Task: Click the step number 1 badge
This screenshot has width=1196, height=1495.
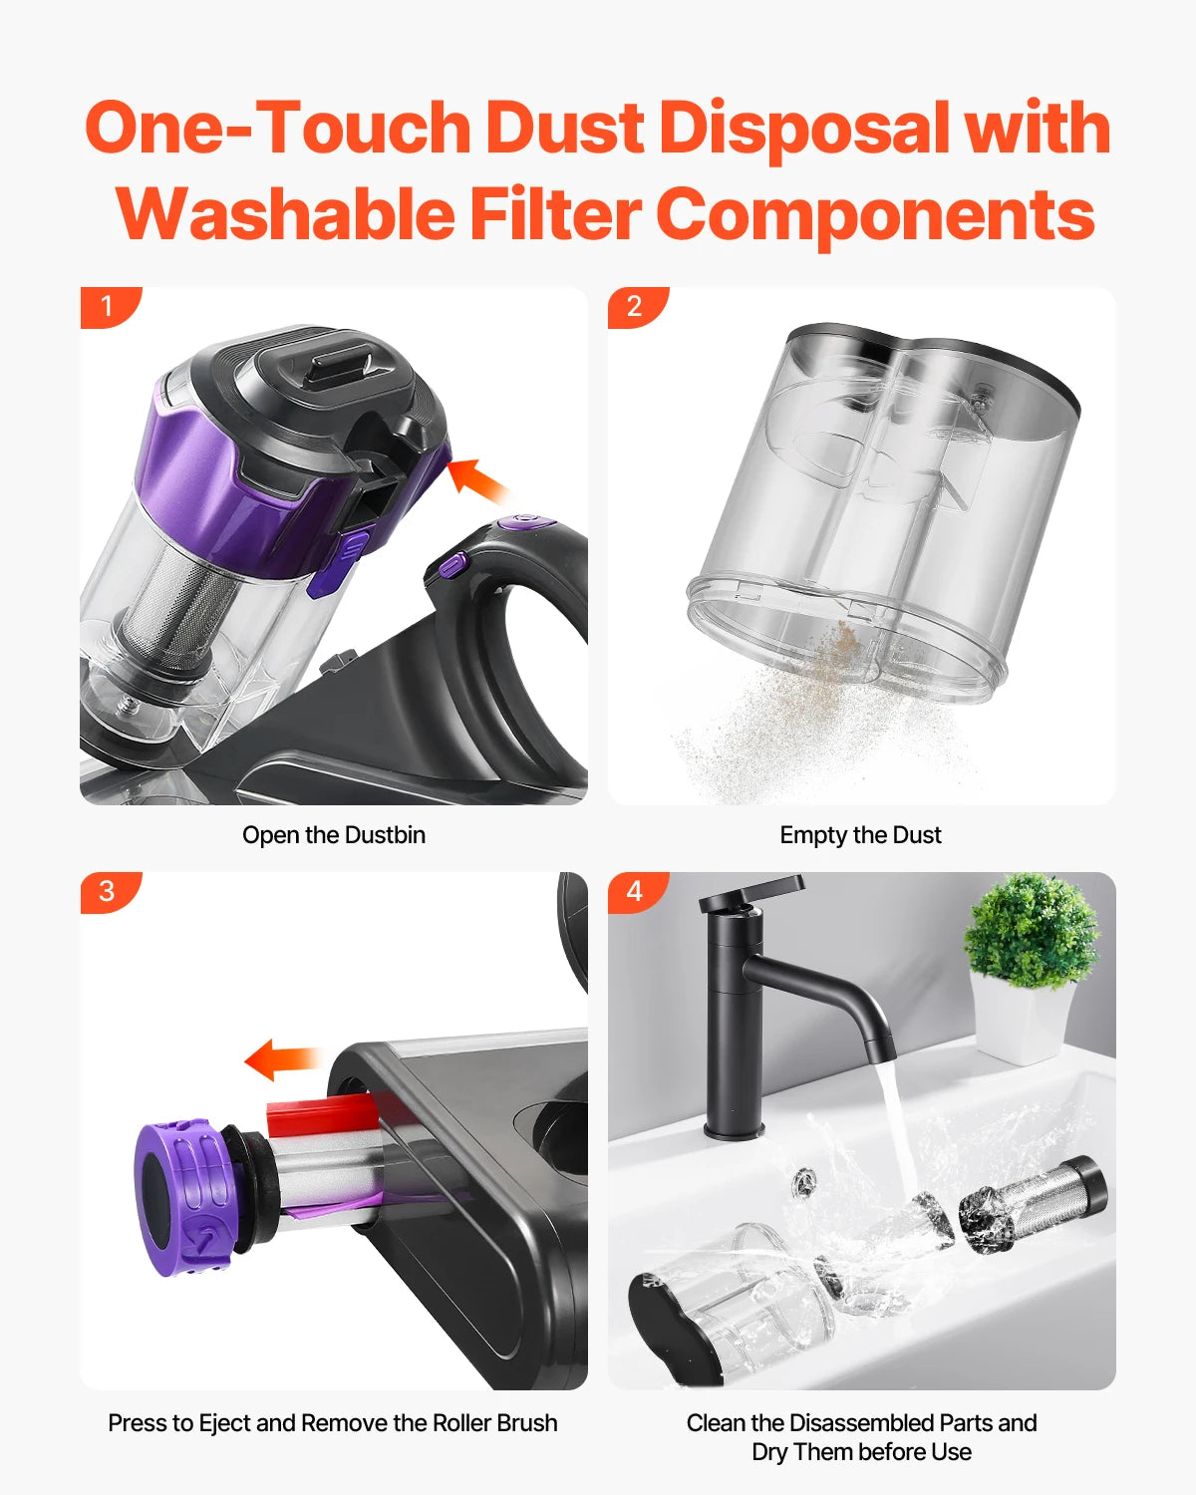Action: click(x=108, y=306)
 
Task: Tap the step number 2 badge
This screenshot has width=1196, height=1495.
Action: click(x=635, y=306)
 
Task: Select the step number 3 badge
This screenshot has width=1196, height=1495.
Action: click(x=108, y=891)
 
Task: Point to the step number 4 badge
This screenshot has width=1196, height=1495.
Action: click(x=635, y=891)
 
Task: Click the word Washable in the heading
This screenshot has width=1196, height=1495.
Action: click(x=285, y=214)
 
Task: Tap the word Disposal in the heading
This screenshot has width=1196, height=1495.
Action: click(x=802, y=130)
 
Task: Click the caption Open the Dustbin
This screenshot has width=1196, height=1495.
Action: click(x=333, y=835)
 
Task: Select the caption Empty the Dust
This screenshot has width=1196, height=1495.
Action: click(x=860, y=835)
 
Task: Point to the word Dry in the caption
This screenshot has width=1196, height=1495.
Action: click(x=770, y=1452)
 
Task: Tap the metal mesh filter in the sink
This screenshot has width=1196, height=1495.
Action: click(x=1037, y=1204)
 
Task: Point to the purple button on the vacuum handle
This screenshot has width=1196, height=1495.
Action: click(x=452, y=565)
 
